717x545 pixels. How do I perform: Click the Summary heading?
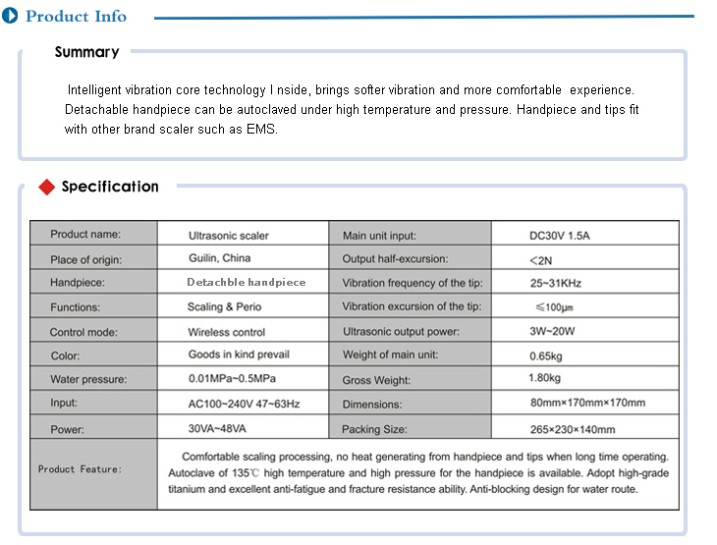point(86,52)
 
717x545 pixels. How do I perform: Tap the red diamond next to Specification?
point(46,187)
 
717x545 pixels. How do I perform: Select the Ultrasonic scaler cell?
point(228,236)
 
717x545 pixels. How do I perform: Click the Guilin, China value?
point(219,258)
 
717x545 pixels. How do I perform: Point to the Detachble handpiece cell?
point(247,282)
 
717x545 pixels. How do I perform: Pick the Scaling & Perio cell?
point(224,307)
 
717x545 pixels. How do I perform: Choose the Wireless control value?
point(227,332)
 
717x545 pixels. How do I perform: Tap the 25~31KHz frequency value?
point(555,283)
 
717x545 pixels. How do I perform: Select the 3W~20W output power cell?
point(552,332)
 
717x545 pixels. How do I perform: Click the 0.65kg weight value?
point(545,354)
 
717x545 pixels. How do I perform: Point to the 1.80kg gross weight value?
point(544,378)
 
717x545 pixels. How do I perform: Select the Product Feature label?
point(81,469)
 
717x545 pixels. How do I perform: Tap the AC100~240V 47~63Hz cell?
point(244,403)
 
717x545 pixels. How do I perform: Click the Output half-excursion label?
point(395,259)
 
